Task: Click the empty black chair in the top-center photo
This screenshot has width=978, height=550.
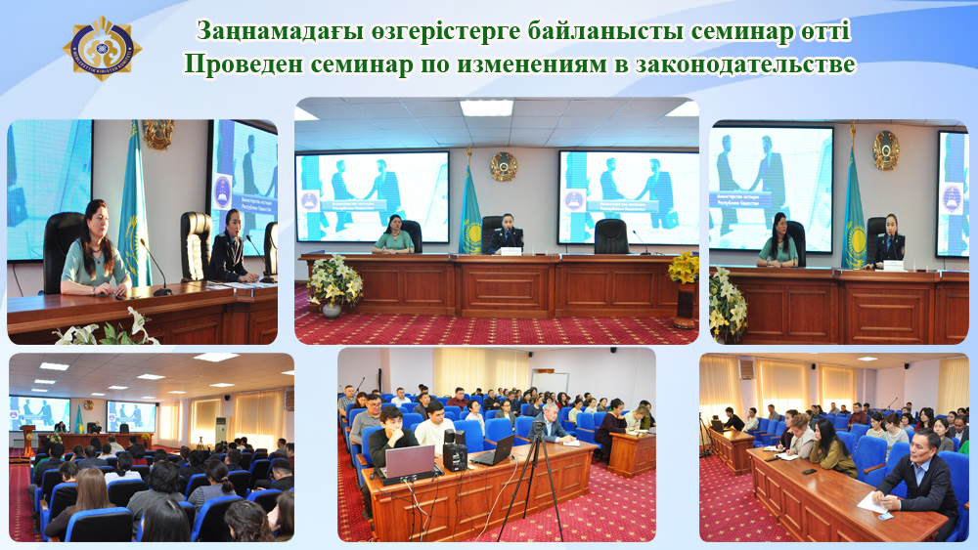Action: coord(610,235)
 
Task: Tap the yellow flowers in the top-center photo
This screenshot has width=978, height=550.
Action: coord(684,267)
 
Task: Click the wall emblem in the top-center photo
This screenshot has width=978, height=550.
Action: coord(504,164)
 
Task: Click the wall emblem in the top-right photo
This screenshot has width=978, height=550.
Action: coord(886,149)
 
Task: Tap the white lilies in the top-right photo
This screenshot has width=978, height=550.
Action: coord(727,303)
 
